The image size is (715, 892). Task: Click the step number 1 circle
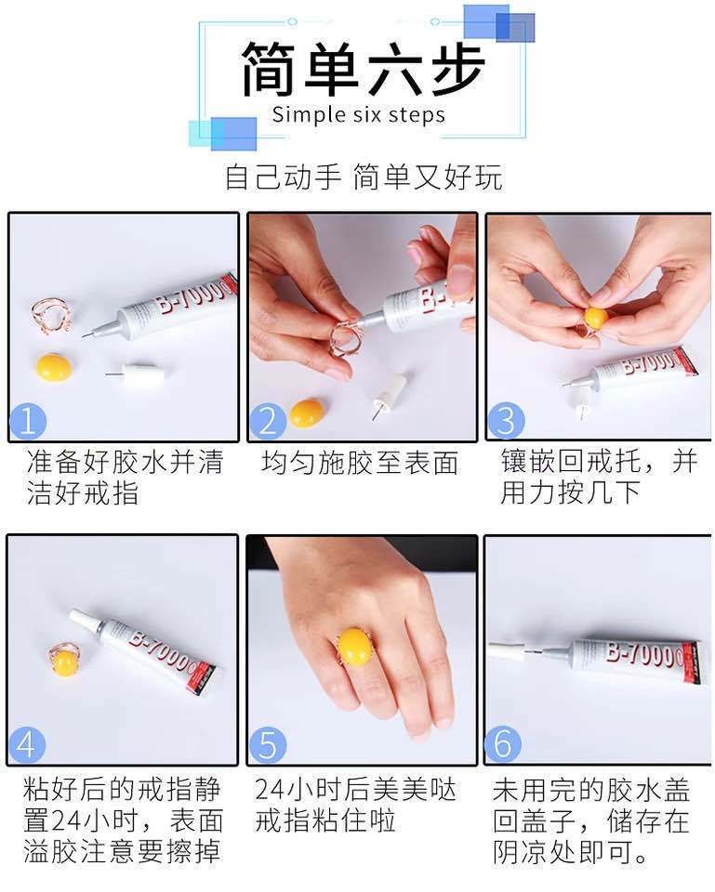point(27,422)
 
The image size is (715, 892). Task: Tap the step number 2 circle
point(267,421)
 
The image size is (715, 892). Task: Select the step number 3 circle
point(506,421)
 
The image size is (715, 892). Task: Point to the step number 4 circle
point(27,744)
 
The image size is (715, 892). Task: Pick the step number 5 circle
point(267,744)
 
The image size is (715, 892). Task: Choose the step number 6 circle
point(503,744)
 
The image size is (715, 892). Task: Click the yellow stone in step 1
point(54,368)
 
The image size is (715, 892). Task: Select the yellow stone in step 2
point(307,413)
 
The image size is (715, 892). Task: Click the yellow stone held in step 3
point(596,318)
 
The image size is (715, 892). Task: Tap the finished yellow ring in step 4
point(64,661)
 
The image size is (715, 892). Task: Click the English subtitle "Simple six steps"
point(359,114)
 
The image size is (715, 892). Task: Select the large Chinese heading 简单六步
point(364,68)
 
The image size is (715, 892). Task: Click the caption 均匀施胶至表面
point(361,463)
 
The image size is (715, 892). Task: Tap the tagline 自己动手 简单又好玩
point(364,177)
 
